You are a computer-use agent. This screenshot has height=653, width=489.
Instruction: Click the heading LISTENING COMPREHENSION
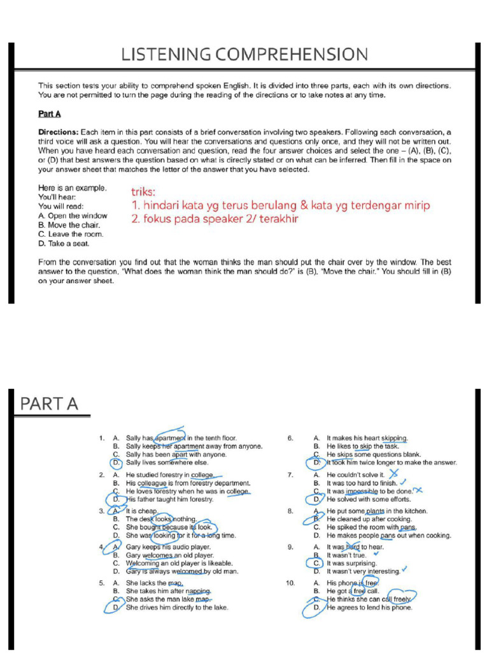point(244,55)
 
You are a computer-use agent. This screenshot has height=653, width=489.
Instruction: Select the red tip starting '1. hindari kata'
point(281,205)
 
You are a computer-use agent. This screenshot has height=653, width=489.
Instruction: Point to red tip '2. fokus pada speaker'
point(215,219)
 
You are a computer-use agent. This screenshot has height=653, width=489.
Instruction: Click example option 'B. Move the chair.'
point(69,225)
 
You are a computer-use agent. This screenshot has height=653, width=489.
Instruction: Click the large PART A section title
point(49,404)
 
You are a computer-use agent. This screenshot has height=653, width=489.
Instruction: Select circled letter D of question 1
point(116,462)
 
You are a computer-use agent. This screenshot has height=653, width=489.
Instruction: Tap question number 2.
point(102,475)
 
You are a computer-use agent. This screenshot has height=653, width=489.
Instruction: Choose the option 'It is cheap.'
point(141,511)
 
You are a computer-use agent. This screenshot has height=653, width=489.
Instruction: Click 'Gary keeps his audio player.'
point(168,547)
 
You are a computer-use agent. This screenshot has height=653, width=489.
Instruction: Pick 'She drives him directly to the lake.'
point(177,608)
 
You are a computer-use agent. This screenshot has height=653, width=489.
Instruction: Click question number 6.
point(290,438)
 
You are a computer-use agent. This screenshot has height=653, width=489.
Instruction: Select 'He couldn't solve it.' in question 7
point(355,475)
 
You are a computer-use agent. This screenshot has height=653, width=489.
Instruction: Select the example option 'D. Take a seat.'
point(64,243)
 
